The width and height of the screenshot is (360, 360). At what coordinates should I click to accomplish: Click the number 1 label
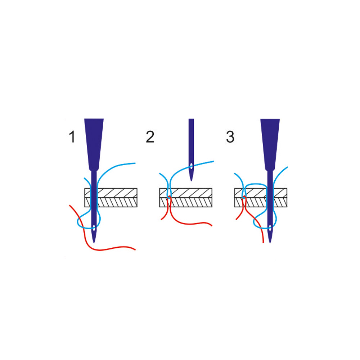(72, 137)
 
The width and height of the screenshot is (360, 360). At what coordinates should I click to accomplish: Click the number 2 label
(150, 137)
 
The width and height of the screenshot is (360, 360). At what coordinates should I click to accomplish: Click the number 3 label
(230, 137)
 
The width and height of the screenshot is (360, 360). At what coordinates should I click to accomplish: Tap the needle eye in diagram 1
(94, 228)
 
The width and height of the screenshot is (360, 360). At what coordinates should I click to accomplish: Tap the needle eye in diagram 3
(270, 228)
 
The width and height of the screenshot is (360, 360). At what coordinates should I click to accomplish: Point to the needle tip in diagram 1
(94, 243)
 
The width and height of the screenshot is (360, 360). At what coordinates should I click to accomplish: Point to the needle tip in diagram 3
(270, 243)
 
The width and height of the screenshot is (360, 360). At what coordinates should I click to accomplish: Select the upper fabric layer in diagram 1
(111, 193)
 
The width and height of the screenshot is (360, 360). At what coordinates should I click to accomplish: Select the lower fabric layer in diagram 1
(111, 202)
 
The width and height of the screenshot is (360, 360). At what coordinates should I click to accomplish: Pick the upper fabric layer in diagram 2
(186, 193)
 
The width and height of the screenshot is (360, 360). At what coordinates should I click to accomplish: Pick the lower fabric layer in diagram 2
(186, 202)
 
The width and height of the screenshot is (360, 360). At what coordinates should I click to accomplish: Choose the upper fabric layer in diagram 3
(261, 193)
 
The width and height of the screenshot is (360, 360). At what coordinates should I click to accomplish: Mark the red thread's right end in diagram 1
(135, 249)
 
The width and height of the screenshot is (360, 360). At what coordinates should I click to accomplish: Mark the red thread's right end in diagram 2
(212, 225)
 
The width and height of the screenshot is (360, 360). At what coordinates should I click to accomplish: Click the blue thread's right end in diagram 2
(213, 161)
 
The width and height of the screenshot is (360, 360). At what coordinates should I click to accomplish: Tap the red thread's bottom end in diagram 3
(263, 242)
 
